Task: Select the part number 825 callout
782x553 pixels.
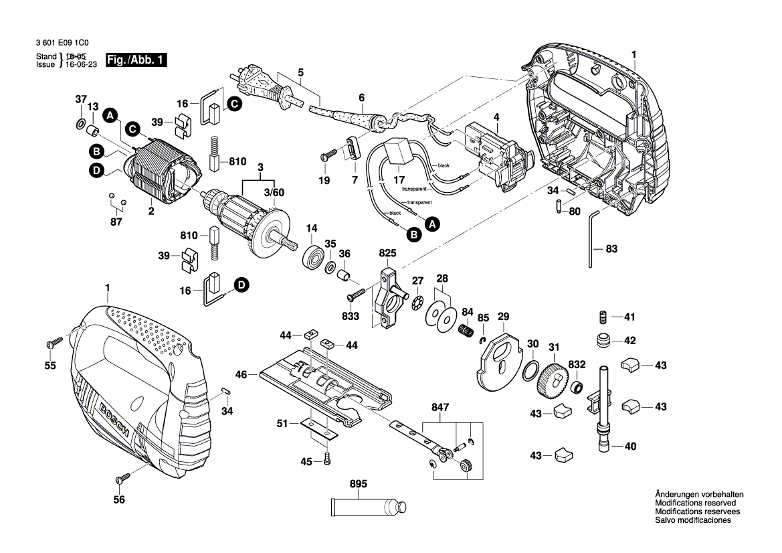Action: pos(387,254)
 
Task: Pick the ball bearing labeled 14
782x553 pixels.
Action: pos(312,257)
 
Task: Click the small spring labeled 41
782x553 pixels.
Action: pos(601,316)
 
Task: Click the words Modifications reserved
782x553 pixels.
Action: pos(695,503)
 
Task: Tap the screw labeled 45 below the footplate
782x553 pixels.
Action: pos(326,460)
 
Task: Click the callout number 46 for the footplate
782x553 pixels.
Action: pos(241,375)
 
